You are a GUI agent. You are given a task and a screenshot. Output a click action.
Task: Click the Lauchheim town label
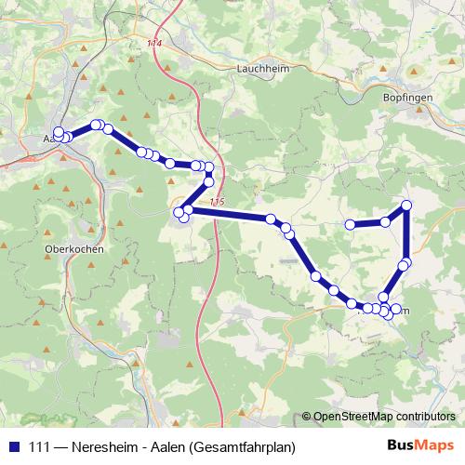pyautogui.click(x=259, y=68)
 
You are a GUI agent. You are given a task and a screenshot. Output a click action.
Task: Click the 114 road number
pyautogui.click(x=153, y=44)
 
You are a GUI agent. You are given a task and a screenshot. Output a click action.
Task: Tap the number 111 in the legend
pyautogui.click(x=40, y=447)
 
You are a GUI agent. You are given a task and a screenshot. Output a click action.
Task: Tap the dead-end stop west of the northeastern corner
pyautogui.click(x=350, y=224)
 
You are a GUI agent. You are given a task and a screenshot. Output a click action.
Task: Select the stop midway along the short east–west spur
pyautogui.click(x=385, y=221)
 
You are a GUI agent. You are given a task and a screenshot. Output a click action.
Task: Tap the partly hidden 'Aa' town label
pyautogui.click(x=48, y=139)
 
